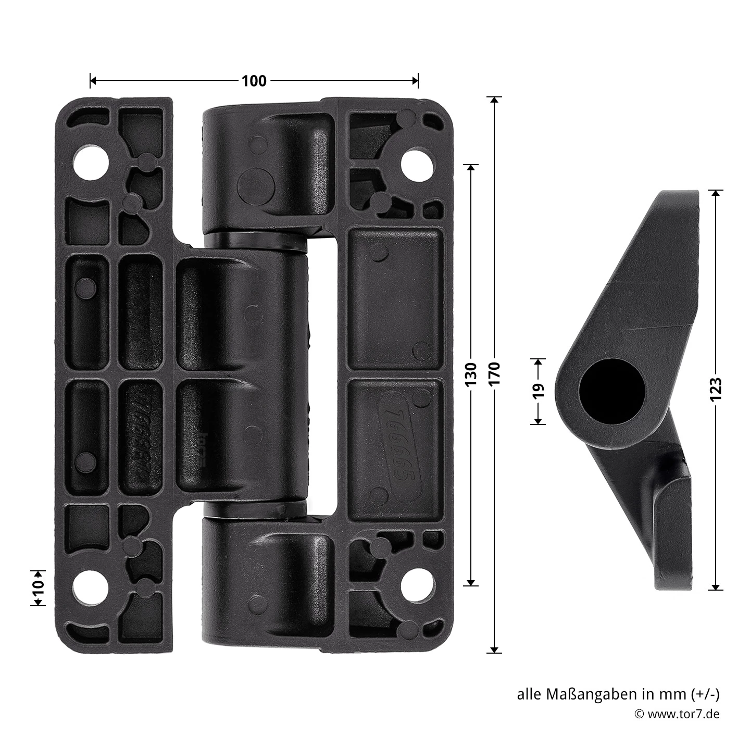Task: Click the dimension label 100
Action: click(x=254, y=81)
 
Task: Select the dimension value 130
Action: click(x=470, y=374)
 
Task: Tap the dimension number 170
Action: click(x=494, y=373)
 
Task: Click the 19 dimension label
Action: click(x=539, y=391)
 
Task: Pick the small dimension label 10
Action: click(x=37, y=587)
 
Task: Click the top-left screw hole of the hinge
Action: click(x=91, y=161)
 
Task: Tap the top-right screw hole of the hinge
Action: click(x=418, y=165)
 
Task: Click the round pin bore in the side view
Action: click(x=612, y=391)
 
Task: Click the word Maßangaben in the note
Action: click(x=592, y=694)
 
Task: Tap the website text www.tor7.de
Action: click(x=683, y=714)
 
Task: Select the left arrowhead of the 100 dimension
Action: click(x=93, y=81)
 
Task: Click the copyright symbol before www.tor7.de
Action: click(x=639, y=714)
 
